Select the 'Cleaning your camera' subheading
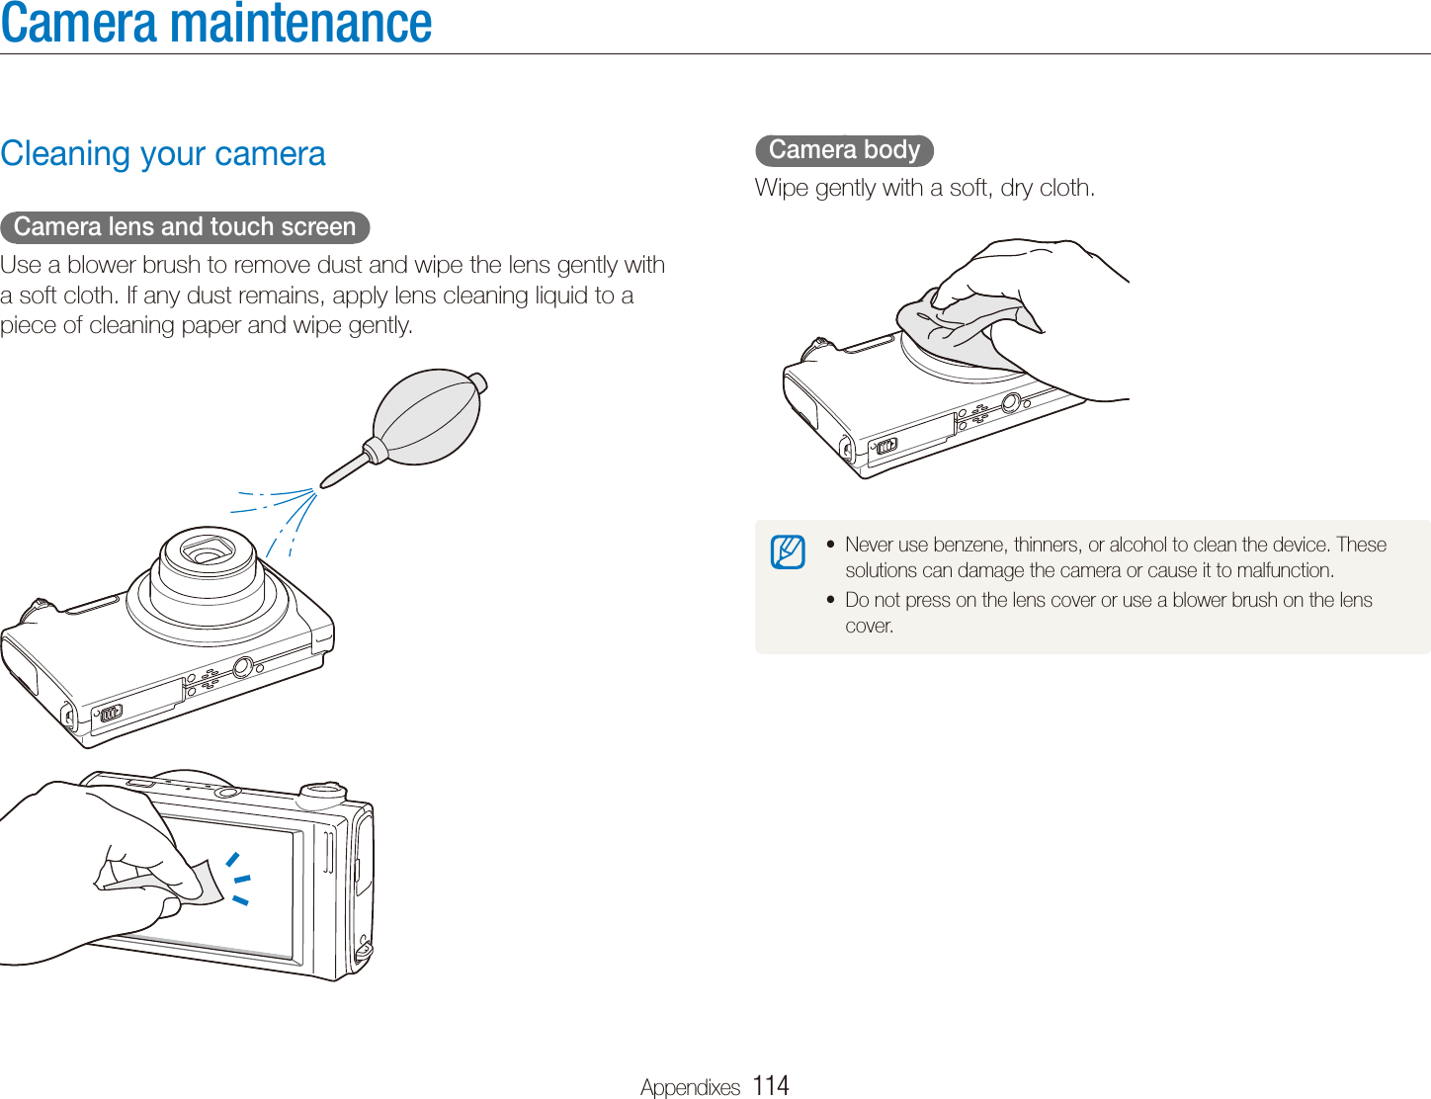click(x=163, y=153)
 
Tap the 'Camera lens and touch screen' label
click(x=185, y=227)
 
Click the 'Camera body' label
click(x=844, y=150)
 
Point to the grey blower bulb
click(x=427, y=416)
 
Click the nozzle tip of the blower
click(x=324, y=486)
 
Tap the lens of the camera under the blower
click(x=209, y=553)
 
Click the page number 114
click(x=770, y=1084)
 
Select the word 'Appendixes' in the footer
click(x=690, y=1087)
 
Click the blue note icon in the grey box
click(x=788, y=551)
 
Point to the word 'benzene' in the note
click(x=970, y=545)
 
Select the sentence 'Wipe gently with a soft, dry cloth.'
click(x=925, y=189)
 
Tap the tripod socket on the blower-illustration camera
click(x=242, y=667)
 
